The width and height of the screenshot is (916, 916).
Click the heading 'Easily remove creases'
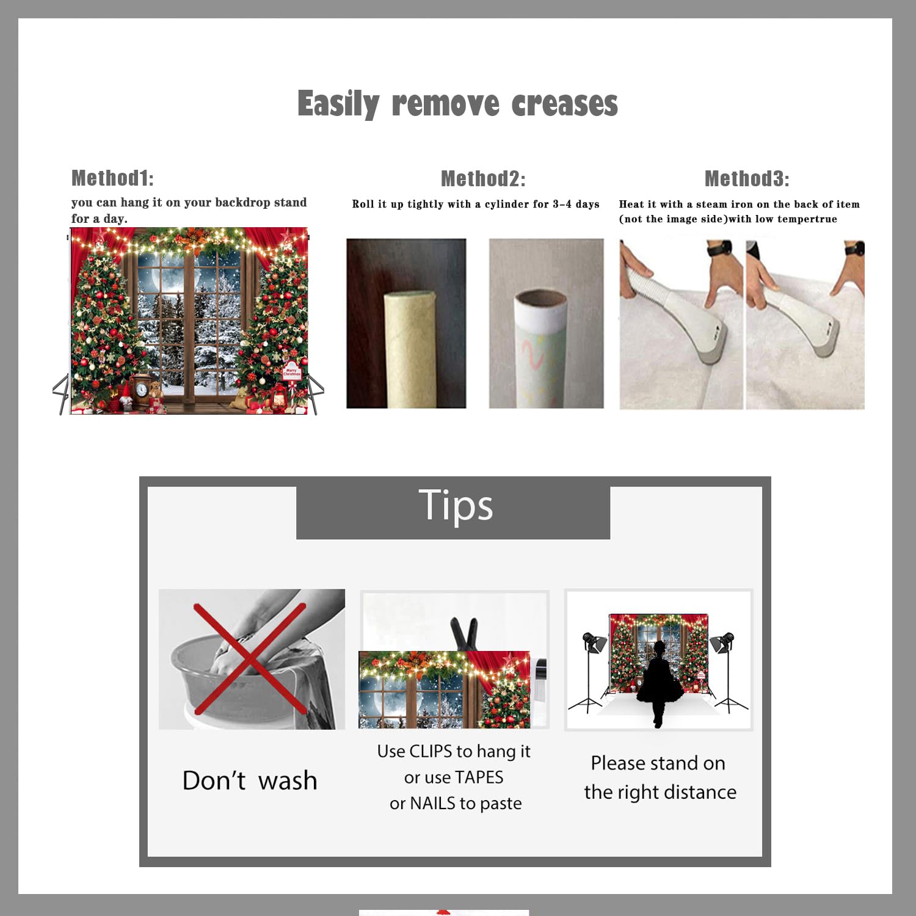[457, 104]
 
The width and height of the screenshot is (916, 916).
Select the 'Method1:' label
[112, 178]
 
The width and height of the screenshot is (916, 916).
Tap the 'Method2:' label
[483, 178]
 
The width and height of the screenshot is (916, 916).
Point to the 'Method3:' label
[747, 178]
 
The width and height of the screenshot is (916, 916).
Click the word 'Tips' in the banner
[456, 506]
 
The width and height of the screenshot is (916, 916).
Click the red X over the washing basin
[250, 659]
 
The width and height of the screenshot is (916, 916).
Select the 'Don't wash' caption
[250, 780]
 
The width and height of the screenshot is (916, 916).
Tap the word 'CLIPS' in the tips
[431, 751]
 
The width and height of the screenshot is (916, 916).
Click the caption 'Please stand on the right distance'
[660, 777]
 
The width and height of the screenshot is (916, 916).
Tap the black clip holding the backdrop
[463, 634]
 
